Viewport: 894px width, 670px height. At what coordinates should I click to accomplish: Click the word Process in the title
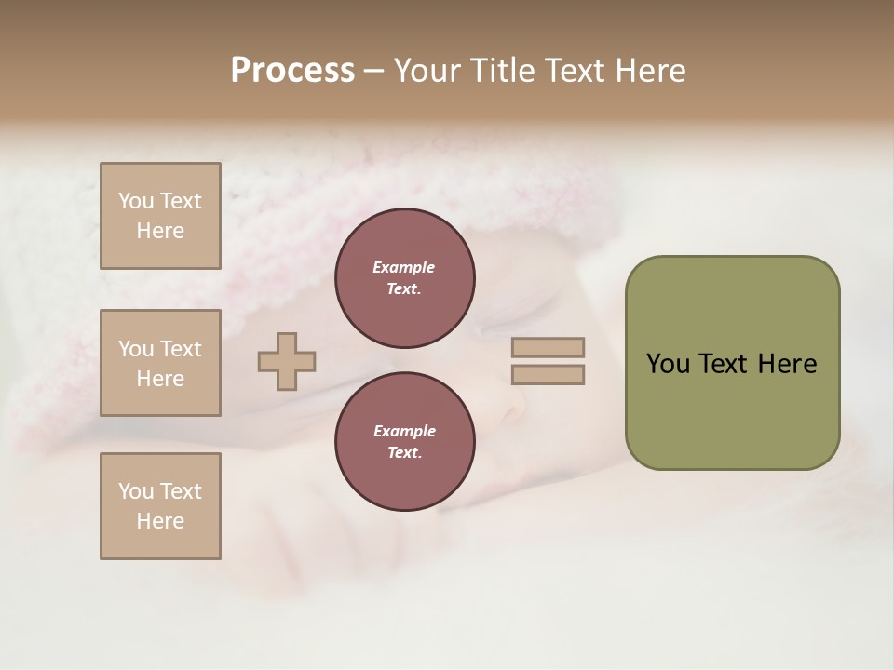click(x=292, y=71)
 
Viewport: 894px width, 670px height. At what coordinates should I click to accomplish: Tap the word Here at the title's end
click(x=650, y=71)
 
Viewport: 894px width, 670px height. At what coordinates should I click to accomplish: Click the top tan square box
click(x=160, y=216)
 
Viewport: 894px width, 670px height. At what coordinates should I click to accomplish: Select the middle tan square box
click(x=160, y=363)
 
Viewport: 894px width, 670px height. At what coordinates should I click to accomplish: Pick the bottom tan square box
click(x=160, y=506)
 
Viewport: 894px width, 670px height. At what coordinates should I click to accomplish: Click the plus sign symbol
click(x=287, y=361)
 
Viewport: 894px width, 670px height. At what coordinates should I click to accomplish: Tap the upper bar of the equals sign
click(x=548, y=347)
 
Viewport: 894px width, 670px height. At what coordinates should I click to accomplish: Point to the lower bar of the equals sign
click(x=548, y=375)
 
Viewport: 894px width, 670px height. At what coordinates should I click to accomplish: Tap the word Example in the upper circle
click(x=404, y=267)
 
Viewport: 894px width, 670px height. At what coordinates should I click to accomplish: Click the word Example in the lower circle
click(x=404, y=431)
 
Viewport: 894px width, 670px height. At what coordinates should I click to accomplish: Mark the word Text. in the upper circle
click(x=404, y=289)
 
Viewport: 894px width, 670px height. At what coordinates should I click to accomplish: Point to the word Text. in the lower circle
click(x=404, y=453)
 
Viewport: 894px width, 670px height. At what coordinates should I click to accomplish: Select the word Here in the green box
click(x=787, y=364)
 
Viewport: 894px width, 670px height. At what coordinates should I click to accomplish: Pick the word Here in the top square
click(x=160, y=231)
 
